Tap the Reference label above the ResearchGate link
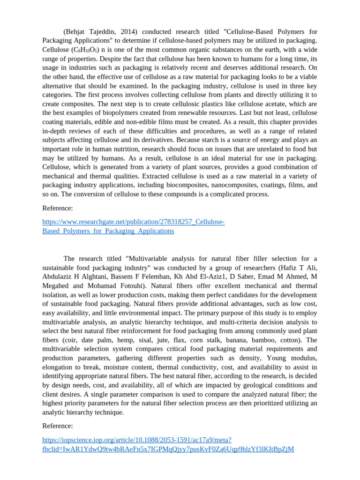(58, 208)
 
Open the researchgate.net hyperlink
(133, 222)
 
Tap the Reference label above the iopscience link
(58, 426)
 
